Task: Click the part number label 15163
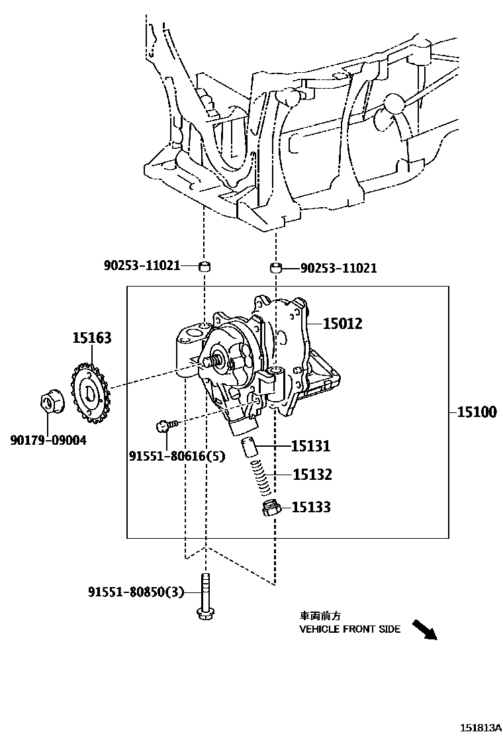91,338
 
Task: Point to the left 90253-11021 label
142,265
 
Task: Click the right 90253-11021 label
338,268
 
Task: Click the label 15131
311,446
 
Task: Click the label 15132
312,475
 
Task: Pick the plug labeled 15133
270,508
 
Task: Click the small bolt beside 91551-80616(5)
165,424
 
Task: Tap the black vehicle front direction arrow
424,629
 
